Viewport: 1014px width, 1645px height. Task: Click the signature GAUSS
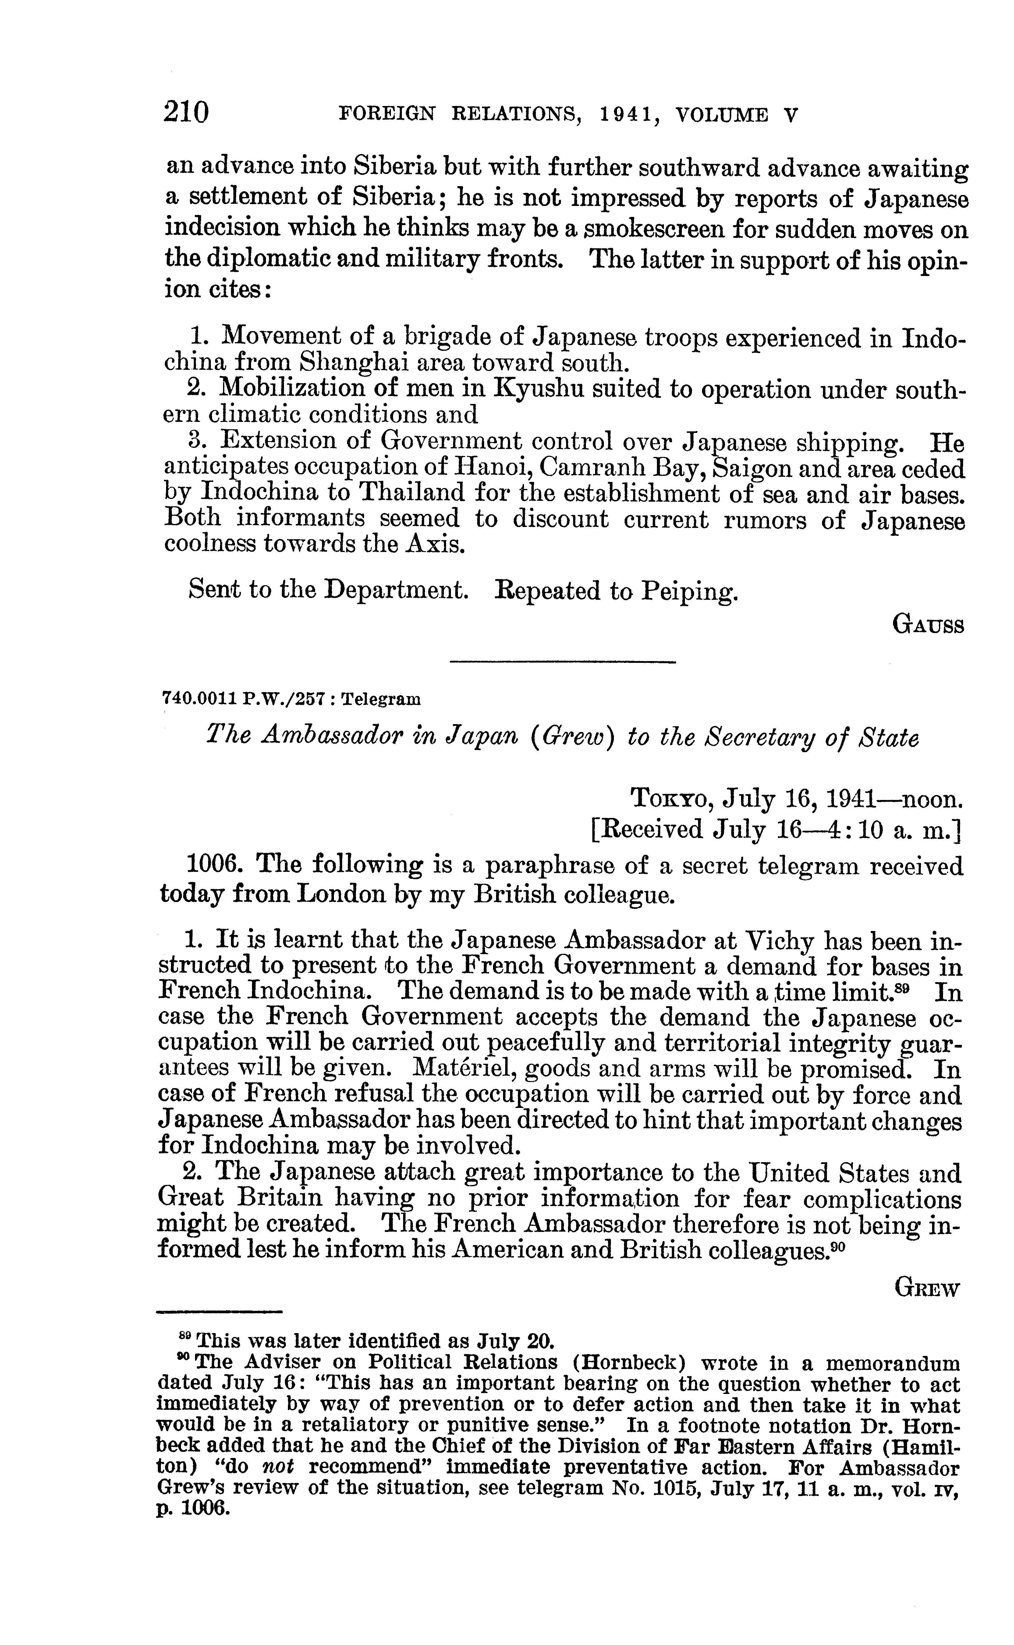(928, 625)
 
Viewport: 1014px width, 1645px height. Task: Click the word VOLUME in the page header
(721, 115)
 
